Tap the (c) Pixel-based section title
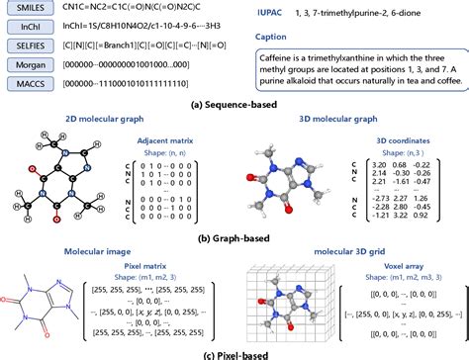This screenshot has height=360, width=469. pyautogui.click(x=234, y=352)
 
